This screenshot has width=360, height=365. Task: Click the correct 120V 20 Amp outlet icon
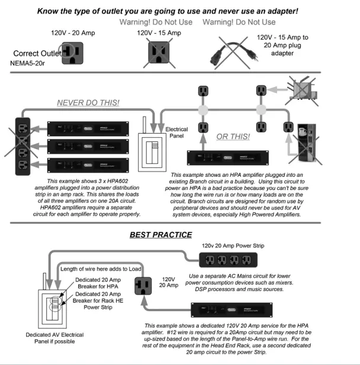click(73, 53)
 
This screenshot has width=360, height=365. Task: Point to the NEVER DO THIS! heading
click(88, 103)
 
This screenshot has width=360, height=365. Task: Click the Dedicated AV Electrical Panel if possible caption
click(34, 337)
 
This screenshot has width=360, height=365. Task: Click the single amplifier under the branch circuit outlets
click(235, 158)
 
